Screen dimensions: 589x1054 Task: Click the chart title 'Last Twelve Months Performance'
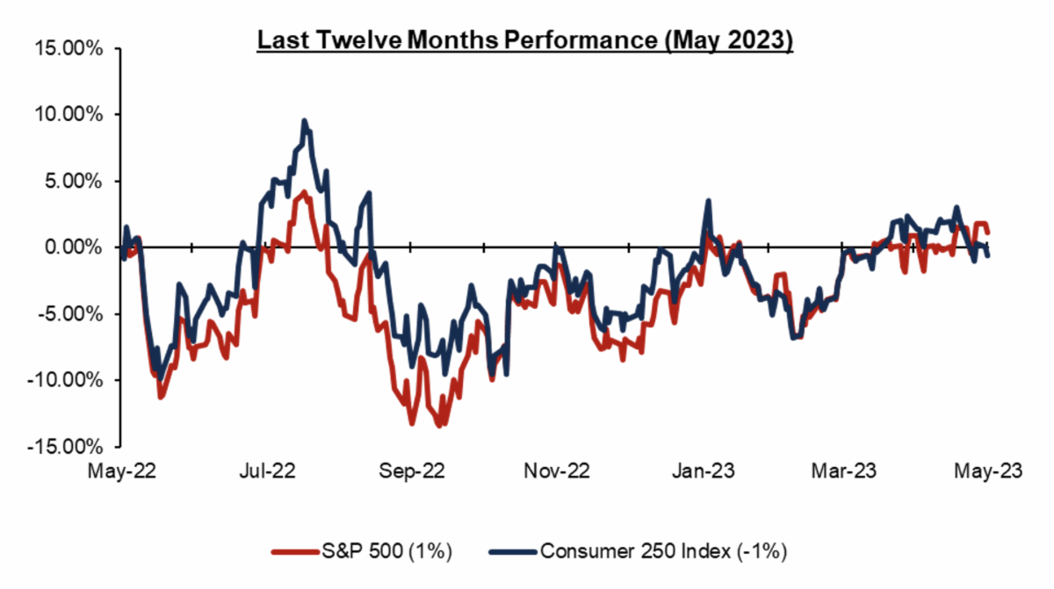click(x=524, y=41)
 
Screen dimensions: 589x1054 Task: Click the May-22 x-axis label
click(x=123, y=472)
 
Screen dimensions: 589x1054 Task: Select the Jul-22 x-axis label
click(x=268, y=472)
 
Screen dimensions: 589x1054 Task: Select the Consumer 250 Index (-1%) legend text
click(x=663, y=552)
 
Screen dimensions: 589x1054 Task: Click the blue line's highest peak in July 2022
click(x=304, y=121)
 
